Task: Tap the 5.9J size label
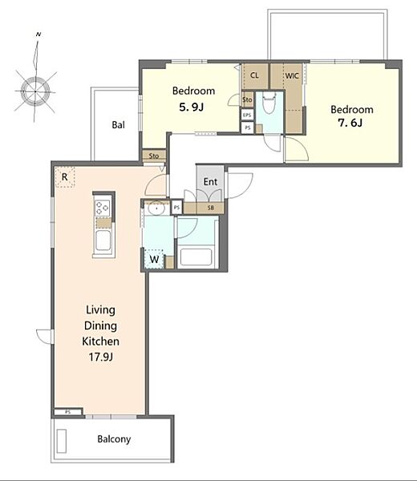(192, 107)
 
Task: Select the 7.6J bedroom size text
(350, 123)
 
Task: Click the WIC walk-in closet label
(292, 75)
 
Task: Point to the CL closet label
(254, 75)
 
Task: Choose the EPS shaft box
(247, 115)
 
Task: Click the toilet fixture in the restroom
(269, 103)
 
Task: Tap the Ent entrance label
(210, 182)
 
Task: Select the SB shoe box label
(210, 208)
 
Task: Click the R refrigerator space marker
(64, 176)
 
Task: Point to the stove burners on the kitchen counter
(102, 208)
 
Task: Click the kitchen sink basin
(103, 240)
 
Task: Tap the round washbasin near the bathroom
(156, 208)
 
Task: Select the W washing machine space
(154, 259)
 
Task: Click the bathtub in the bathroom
(196, 257)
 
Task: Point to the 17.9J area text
(101, 357)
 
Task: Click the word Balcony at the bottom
(114, 439)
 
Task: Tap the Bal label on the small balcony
(118, 124)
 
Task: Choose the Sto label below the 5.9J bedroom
(154, 156)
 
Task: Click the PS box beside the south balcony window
(68, 412)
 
